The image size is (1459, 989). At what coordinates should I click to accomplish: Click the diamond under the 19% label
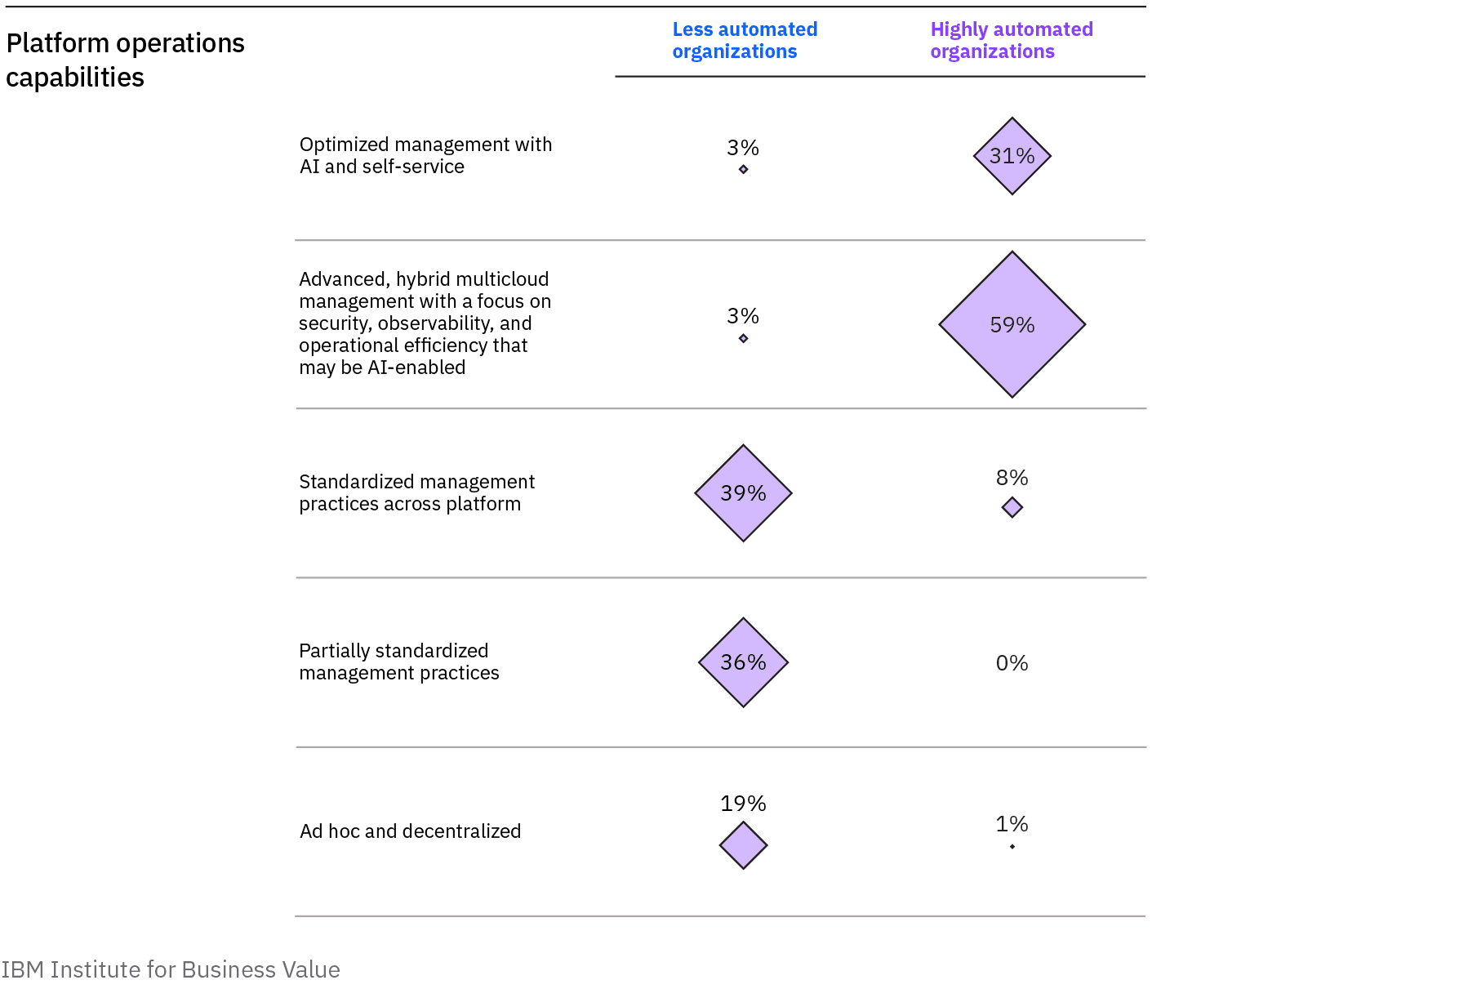point(743,845)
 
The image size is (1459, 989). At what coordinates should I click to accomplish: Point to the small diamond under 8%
point(1012,507)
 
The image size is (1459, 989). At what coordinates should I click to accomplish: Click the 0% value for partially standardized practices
point(1012,663)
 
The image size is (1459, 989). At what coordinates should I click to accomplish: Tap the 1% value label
point(1012,824)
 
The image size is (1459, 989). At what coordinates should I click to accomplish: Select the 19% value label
point(743,804)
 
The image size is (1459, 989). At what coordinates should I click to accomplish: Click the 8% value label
point(1012,478)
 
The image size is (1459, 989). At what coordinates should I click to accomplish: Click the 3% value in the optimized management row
point(743,148)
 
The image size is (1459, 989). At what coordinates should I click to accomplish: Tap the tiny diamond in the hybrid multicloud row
point(743,338)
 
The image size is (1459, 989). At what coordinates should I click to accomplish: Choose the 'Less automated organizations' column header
point(744,41)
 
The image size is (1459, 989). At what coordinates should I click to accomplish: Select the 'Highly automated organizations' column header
point(1011,41)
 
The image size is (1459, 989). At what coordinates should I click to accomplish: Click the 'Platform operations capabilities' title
point(125,60)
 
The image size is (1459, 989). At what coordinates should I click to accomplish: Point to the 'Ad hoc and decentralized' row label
point(410,831)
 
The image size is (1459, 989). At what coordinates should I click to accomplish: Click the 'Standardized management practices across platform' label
point(416,492)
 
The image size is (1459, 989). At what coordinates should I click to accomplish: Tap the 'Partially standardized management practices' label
point(398,662)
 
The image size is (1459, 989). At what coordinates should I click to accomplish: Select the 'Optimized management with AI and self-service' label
point(425,155)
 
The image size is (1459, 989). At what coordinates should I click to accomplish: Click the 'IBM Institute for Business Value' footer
point(171,969)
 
